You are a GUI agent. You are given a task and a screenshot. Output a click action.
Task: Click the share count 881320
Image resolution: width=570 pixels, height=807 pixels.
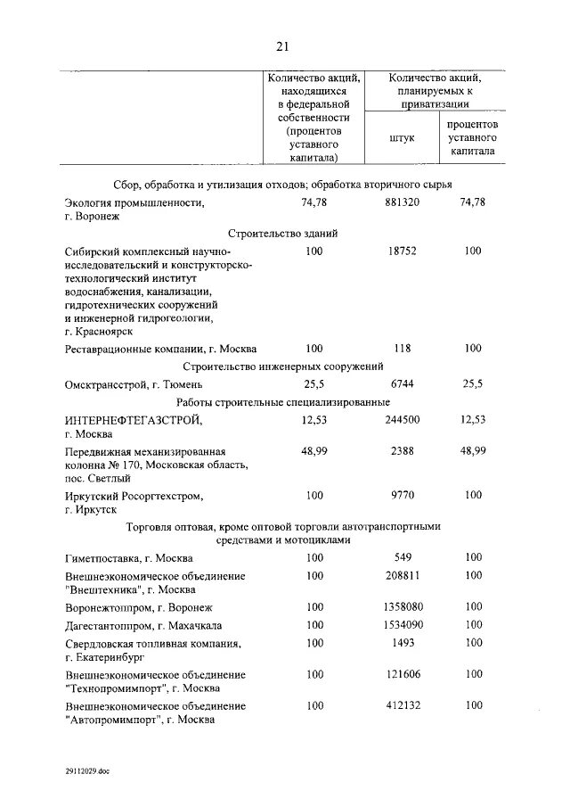pos(403,203)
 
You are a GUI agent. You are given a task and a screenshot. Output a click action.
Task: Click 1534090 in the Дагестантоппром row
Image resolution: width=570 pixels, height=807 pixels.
pos(403,625)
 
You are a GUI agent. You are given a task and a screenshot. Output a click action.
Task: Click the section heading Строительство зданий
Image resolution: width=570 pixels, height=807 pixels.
pos(282,233)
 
